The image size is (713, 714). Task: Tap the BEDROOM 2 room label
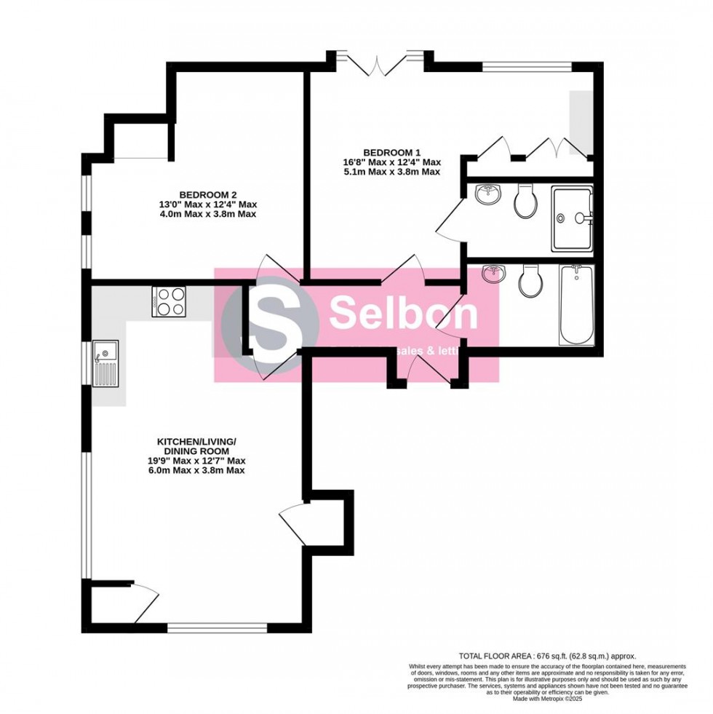point(208,194)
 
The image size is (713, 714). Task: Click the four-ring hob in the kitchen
point(169,301)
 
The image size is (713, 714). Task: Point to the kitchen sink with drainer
point(105,365)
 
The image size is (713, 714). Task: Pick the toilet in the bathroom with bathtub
point(529,280)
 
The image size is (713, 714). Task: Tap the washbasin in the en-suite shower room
point(487,194)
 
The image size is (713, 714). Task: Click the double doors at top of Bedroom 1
point(378,64)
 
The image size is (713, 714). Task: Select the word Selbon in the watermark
point(403,314)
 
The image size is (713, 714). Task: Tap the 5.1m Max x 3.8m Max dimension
point(392,172)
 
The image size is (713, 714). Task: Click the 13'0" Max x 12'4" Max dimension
point(208,205)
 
